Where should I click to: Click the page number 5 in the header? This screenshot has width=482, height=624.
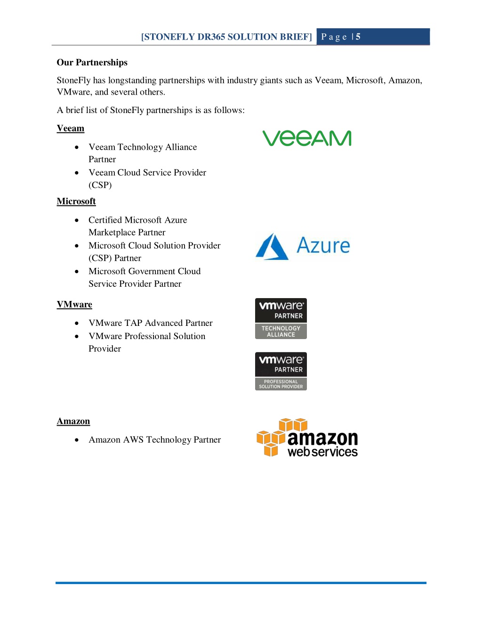tap(358, 36)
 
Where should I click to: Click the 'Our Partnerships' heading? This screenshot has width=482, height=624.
tap(92, 62)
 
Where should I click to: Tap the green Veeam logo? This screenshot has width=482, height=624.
tap(307, 138)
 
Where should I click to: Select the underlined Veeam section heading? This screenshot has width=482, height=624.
tap(71, 128)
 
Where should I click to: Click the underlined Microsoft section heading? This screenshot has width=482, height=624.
tap(76, 201)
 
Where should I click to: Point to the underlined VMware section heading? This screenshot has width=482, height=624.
tap(74, 304)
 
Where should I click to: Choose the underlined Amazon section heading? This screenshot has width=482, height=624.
tap(73, 421)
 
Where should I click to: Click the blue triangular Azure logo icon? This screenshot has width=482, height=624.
tap(272, 247)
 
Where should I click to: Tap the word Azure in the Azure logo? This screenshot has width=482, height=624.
tap(323, 245)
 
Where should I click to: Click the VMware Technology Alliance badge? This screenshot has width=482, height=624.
tap(281, 318)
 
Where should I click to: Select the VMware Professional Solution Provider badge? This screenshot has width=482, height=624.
tap(281, 371)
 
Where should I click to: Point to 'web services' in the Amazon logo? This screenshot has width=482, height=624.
tap(323, 452)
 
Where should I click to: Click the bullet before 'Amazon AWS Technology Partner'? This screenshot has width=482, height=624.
tap(77, 440)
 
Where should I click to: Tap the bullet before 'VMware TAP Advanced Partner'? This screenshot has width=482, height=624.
tap(77, 323)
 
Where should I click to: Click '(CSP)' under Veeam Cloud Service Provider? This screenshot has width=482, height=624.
tap(100, 185)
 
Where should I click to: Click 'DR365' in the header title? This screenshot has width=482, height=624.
tap(211, 37)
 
